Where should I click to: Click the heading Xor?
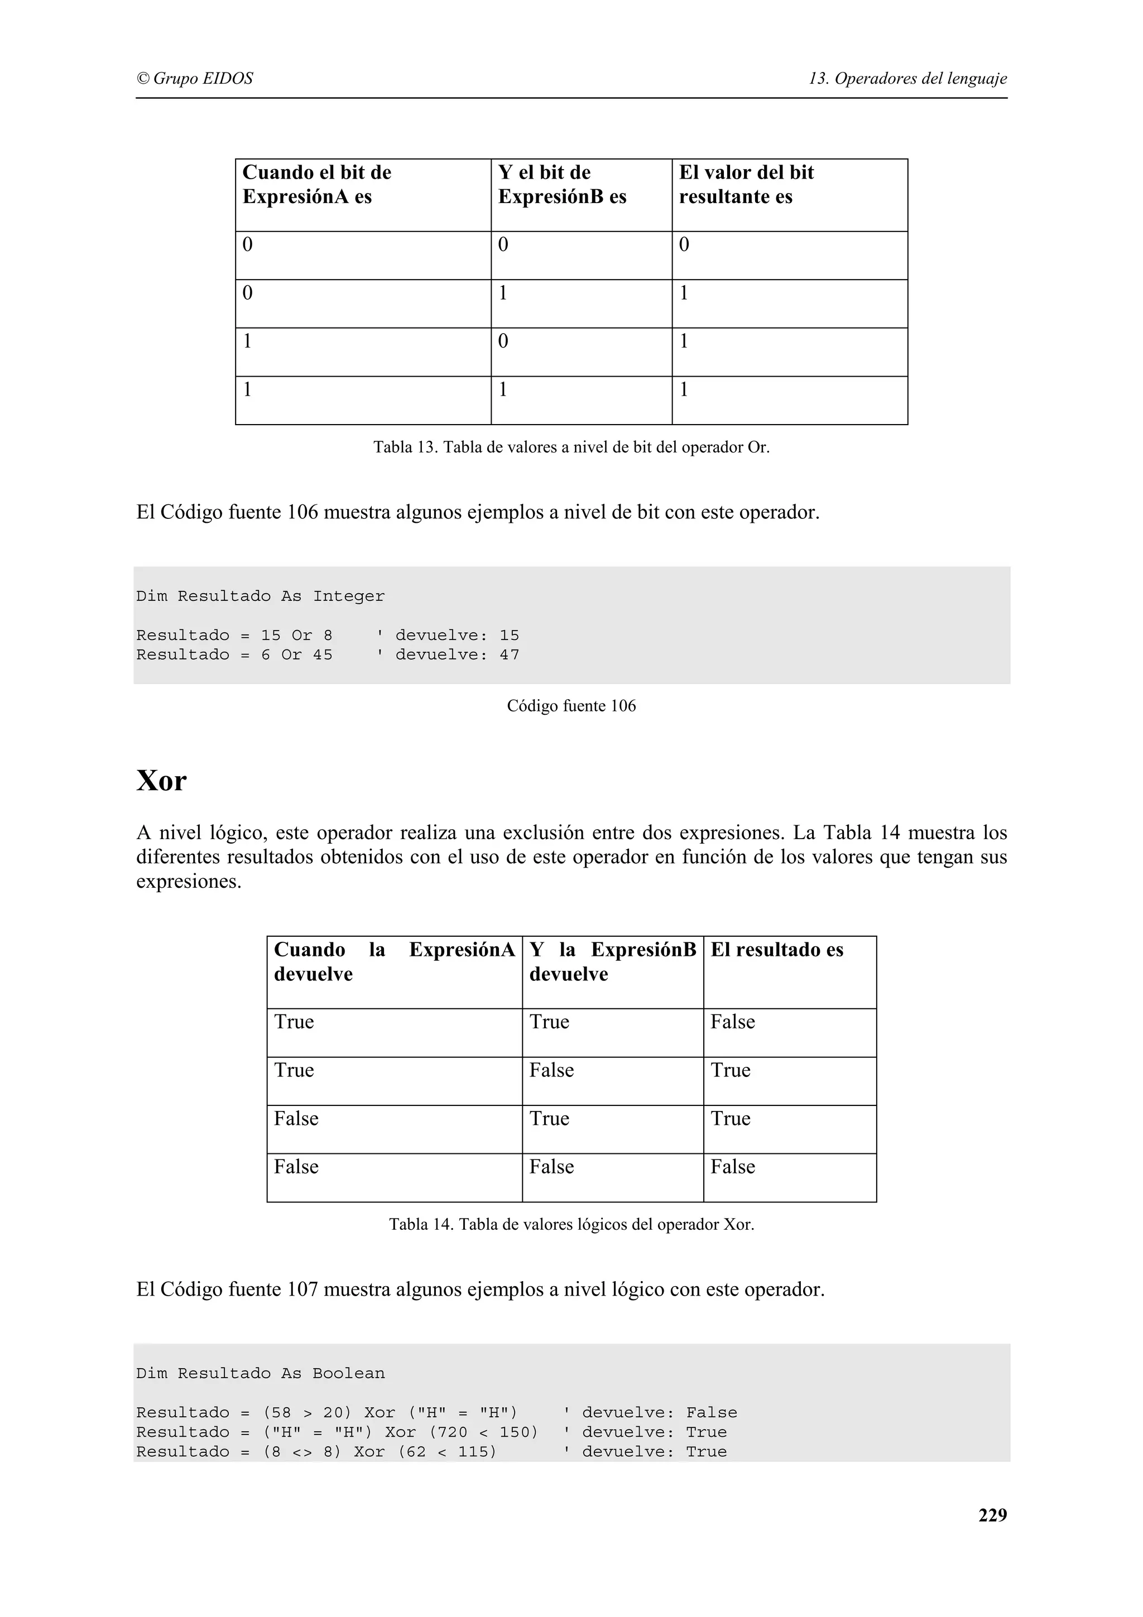[x=161, y=781]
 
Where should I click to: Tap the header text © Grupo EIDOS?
[x=194, y=78]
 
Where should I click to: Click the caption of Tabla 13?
[x=570, y=447]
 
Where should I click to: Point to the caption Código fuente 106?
[x=570, y=706]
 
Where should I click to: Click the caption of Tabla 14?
[x=570, y=1224]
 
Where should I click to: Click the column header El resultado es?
[x=776, y=950]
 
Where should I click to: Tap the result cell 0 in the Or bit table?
[x=683, y=245]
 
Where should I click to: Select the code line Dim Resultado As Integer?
[x=260, y=596]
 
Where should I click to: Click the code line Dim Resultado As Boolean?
[x=260, y=1373]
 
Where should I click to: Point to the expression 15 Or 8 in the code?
[x=296, y=635]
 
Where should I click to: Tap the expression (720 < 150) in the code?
[x=483, y=1432]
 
